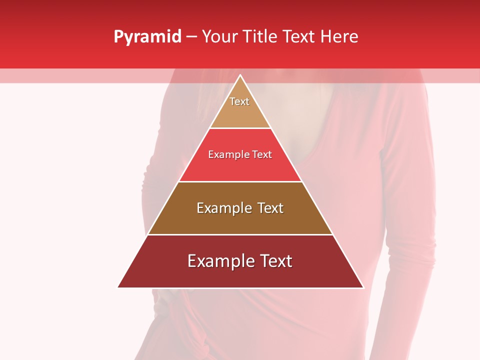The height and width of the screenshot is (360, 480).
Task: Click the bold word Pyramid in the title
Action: point(147,37)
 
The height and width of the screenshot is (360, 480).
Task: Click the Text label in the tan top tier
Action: point(239,101)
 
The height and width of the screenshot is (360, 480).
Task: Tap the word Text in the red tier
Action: point(262,155)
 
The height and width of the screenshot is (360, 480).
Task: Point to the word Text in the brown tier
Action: point(270,208)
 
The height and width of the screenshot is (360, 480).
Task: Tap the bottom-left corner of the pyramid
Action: point(118,287)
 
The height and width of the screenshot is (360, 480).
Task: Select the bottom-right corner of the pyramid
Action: point(363,287)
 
